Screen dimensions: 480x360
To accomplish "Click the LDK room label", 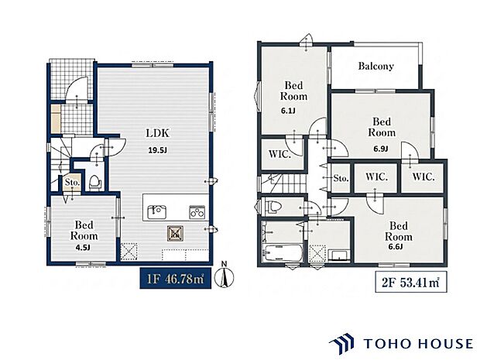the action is [x=158, y=133].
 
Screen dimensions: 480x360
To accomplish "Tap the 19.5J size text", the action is [x=158, y=150].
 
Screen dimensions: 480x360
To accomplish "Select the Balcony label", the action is [x=376, y=66].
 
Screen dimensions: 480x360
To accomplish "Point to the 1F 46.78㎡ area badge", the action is [x=176, y=278].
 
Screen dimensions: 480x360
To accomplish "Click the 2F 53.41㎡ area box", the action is [x=411, y=282].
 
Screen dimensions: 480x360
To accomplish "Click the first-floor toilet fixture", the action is [x=95, y=182].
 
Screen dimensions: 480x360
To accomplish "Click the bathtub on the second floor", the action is [x=283, y=253].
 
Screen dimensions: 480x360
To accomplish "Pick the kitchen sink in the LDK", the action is [x=156, y=212].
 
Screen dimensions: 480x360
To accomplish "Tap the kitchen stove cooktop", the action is [x=197, y=212].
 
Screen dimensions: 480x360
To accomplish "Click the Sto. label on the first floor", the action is [x=72, y=182].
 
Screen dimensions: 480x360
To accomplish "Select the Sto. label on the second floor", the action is [x=341, y=178].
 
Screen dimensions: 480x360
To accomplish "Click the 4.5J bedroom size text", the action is [x=83, y=247].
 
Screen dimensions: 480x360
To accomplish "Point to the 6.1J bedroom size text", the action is [x=288, y=111].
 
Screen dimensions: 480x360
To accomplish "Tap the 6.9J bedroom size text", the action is [x=381, y=149].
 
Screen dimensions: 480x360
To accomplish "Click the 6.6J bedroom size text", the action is [x=396, y=247].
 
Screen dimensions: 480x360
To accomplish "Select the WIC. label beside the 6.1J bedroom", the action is [x=279, y=153].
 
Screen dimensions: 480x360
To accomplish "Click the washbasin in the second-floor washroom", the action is [x=339, y=255].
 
